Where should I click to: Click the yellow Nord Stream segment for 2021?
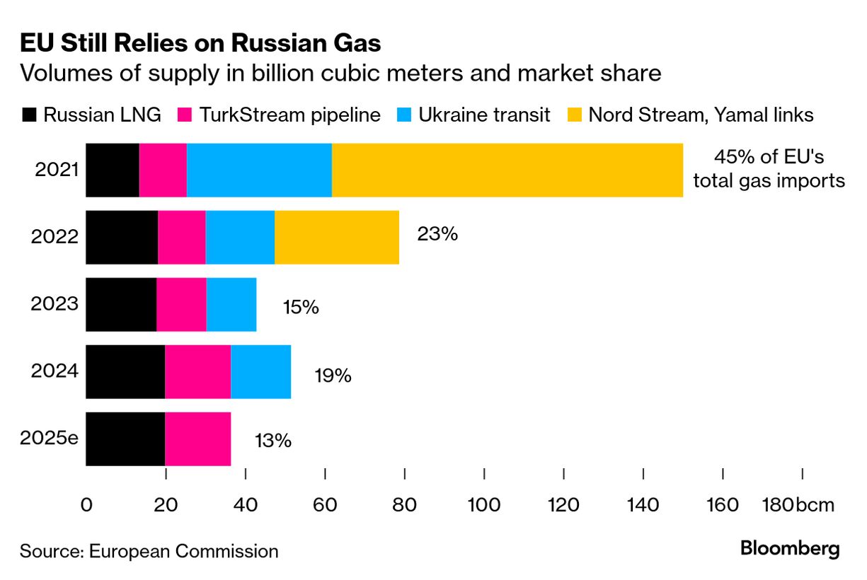(507, 170)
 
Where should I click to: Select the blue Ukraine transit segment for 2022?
(240, 237)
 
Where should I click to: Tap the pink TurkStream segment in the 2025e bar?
(197, 439)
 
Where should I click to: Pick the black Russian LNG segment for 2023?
(121, 304)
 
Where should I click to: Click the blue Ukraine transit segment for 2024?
(260, 371)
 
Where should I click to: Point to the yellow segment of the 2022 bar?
(337, 237)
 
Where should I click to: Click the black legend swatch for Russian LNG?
(29, 115)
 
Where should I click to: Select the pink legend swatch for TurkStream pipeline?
(185, 115)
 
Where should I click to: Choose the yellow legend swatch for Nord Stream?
(575, 115)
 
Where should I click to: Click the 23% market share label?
(437, 233)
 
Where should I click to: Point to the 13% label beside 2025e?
(272, 440)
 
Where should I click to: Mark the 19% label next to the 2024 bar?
(333, 375)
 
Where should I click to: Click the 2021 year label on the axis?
(54, 170)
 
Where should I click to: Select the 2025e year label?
(49, 437)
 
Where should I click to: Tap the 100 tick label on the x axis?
(484, 506)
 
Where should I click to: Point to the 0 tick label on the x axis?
(86, 506)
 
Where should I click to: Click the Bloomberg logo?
(790, 548)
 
